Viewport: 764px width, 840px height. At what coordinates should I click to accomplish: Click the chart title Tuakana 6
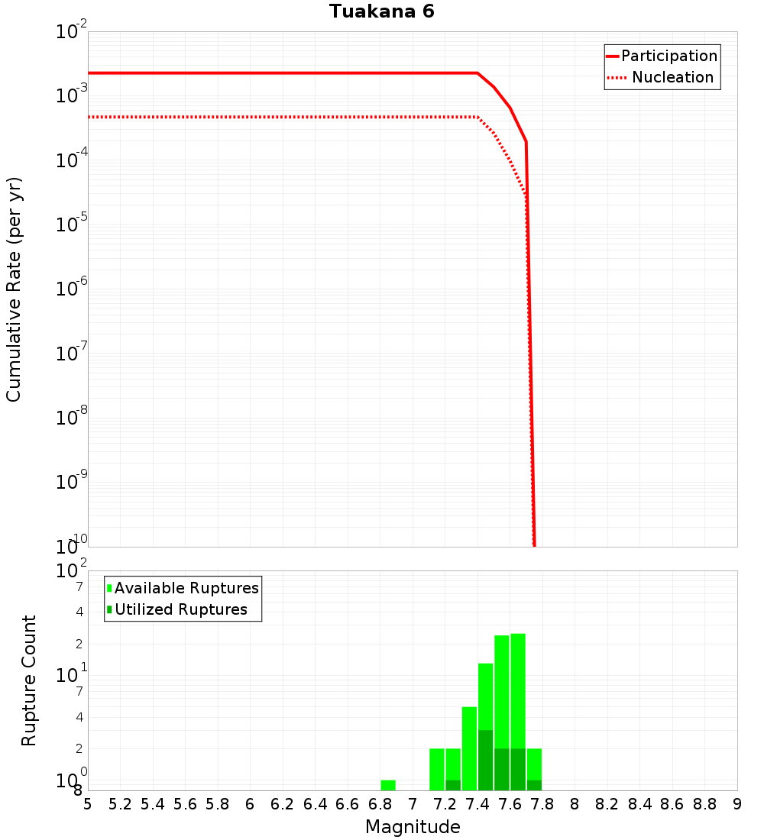[x=382, y=11]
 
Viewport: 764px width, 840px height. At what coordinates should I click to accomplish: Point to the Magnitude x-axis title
[x=413, y=827]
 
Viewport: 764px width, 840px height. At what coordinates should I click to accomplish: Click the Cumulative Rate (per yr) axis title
[x=14, y=289]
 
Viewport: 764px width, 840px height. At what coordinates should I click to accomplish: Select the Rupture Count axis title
[x=29, y=680]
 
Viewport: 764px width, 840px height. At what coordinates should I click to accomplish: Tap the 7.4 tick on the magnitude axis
[x=477, y=804]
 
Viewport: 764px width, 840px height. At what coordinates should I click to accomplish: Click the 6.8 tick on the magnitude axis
[x=380, y=804]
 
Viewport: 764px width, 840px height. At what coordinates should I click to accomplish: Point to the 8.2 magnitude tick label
[x=607, y=804]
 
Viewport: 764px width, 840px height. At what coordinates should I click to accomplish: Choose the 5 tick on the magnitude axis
[x=88, y=804]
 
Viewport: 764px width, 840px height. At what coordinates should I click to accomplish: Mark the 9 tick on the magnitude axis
[x=737, y=804]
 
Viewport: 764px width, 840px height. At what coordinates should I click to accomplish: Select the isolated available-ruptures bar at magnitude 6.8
[x=388, y=785]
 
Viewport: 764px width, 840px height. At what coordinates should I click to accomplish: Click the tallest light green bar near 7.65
[x=518, y=687]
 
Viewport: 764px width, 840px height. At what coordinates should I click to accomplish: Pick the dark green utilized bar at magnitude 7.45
[x=485, y=760]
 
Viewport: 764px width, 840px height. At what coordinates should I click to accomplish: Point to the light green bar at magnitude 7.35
[x=469, y=745]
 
